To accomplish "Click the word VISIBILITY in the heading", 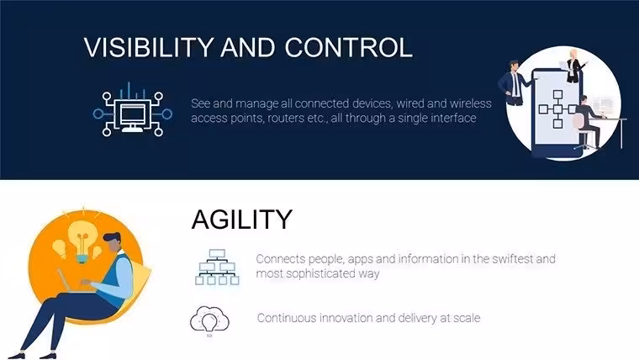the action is point(149,47).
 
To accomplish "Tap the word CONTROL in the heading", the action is point(348,47).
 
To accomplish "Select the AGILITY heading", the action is point(242,220).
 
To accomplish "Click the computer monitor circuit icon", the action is point(133,110).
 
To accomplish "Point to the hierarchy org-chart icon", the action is point(217,267).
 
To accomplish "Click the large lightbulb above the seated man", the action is point(82,241).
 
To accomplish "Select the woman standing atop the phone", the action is point(573,66).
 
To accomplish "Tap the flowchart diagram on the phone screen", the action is point(557,109).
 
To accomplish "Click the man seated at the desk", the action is point(588,121).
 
